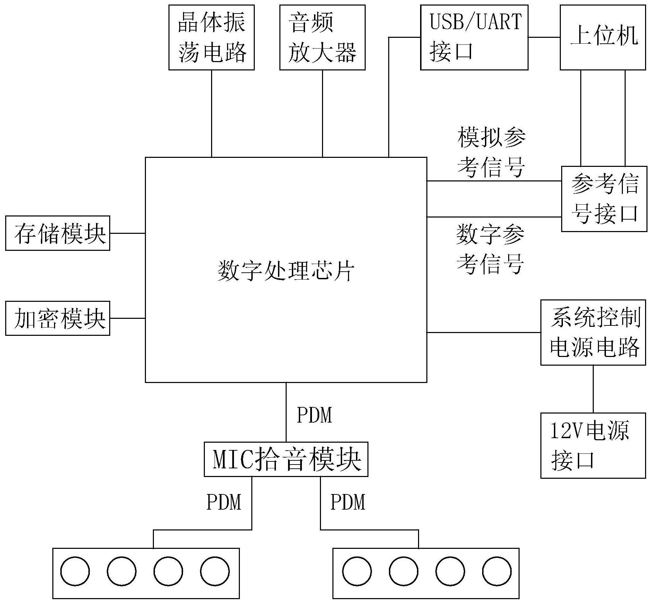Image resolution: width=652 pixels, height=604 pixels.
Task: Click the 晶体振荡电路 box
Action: (x=211, y=37)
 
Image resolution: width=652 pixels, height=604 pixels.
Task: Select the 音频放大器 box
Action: (x=322, y=37)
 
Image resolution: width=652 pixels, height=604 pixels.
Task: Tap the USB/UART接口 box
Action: (x=474, y=37)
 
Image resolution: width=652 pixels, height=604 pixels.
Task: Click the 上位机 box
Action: (x=602, y=37)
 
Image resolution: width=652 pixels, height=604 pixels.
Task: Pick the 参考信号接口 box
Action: (x=604, y=199)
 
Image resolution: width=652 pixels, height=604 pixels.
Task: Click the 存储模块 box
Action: (x=58, y=233)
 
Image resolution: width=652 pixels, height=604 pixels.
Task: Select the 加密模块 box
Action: (x=58, y=318)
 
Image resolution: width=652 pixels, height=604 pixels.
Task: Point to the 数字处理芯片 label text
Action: (x=286, y=271)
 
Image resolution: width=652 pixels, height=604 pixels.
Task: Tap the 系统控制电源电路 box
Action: (x=593, y=332)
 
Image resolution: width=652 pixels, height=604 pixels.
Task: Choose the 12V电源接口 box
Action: (x=593, y=445)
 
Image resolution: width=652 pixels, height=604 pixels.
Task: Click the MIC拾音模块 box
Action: (x=286, y=459)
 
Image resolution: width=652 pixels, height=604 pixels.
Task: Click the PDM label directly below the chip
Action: (x=314, y=415)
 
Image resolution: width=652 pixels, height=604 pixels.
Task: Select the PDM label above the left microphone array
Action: (x=224, y=502)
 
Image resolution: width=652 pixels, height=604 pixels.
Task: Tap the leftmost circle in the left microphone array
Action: (x=75, y=571)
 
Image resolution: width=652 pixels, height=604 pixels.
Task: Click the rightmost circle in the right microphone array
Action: (x=496, y=571)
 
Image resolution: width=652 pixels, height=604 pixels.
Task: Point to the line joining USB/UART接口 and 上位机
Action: (x=544, y=37)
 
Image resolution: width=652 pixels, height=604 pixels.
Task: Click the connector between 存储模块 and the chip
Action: (x=127, y=233)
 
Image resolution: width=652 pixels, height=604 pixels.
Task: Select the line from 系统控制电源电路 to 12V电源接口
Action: (x=593, y=389)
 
